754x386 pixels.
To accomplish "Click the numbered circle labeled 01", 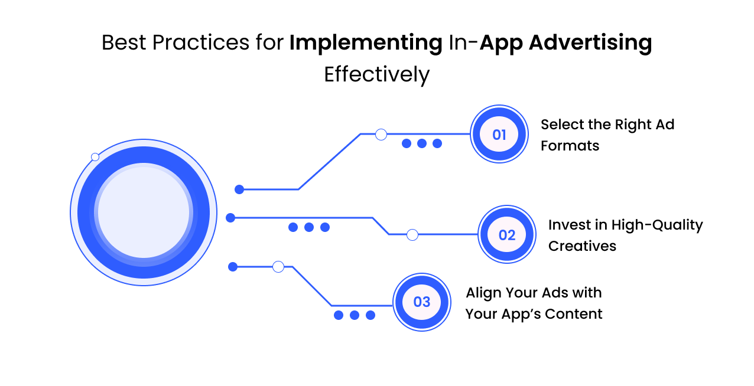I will [499, 135].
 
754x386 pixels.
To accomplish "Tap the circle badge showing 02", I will [507, 235].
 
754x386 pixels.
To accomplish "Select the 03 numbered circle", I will [422, 302].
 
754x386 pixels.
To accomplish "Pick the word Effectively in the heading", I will [376, 75].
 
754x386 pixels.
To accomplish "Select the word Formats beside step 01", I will [570, 146].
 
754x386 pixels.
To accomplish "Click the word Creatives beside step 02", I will [582, 246].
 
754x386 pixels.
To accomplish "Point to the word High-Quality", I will [656, 225].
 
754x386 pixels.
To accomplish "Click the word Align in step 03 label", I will [483, 293].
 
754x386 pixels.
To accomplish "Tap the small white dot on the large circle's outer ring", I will [95, 157].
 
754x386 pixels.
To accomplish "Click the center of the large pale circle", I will [144, 212].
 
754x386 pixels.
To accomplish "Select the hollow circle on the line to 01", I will [381, 135].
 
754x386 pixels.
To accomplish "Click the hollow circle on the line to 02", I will [412, 235].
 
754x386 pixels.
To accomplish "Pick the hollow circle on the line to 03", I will [278, 267].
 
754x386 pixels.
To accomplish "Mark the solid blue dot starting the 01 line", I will [239, 189].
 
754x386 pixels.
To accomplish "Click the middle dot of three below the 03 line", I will [355, 315].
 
